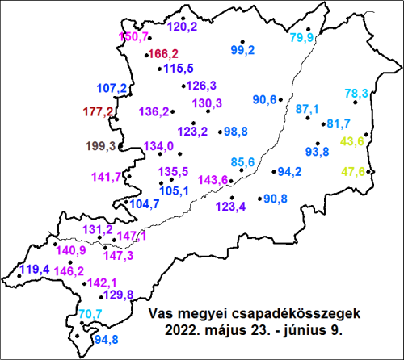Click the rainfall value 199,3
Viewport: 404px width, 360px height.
[x=102, y=145]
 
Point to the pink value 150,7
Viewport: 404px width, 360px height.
[x=134, y=37]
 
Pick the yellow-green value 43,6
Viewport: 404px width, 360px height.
[x=353, y=142]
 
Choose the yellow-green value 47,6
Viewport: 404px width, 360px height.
[x=353, y=171]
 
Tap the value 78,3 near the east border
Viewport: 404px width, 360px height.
[x=356, y=94]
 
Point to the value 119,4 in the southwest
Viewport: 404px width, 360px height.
[x=35, y=270]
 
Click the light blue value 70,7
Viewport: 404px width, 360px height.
[x=90, y=314]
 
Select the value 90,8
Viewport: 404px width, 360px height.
[x=276, y=199]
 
